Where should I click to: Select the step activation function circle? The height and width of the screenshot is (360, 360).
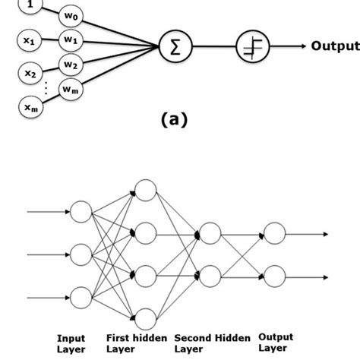(x=251, y=47)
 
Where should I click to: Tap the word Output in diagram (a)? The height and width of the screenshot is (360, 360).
(x=334, y=46)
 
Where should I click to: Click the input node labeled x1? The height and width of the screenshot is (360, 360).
(x=29, y=43)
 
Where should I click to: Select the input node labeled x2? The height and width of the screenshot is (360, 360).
(x=29, y=74)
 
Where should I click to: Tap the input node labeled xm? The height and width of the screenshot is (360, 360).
(x=29, y=109)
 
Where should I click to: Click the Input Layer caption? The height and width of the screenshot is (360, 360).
(x=71, y=343)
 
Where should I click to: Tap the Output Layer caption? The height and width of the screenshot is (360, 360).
(x=276, y=343)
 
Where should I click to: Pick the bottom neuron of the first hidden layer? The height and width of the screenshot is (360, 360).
(x=144, y=319)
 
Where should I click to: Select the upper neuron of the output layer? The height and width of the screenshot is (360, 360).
(x=274, y=234)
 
